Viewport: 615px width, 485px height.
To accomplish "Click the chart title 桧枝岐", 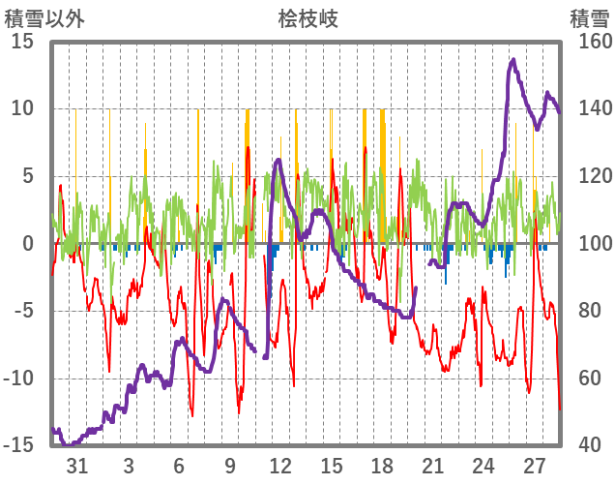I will tap(308, 17).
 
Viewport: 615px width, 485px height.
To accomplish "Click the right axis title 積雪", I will tap(588, 17).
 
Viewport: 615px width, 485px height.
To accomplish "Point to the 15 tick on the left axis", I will tap(23, 42).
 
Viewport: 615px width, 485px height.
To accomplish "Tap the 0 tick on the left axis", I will tap(29, 244).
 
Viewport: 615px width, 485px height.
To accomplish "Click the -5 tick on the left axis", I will tap(24, 312).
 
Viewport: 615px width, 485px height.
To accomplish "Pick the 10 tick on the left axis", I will tap(23, 108).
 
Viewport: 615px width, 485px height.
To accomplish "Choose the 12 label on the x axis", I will tap(280, 465).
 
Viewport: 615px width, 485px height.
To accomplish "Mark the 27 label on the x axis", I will tap(535, 465).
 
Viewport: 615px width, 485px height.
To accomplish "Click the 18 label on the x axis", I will tap(382, 465).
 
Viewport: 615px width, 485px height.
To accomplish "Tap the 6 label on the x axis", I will tap(179, 465).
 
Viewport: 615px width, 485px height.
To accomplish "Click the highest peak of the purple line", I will tap(512, 60).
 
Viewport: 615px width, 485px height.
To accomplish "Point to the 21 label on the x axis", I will tap(432, 465).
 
